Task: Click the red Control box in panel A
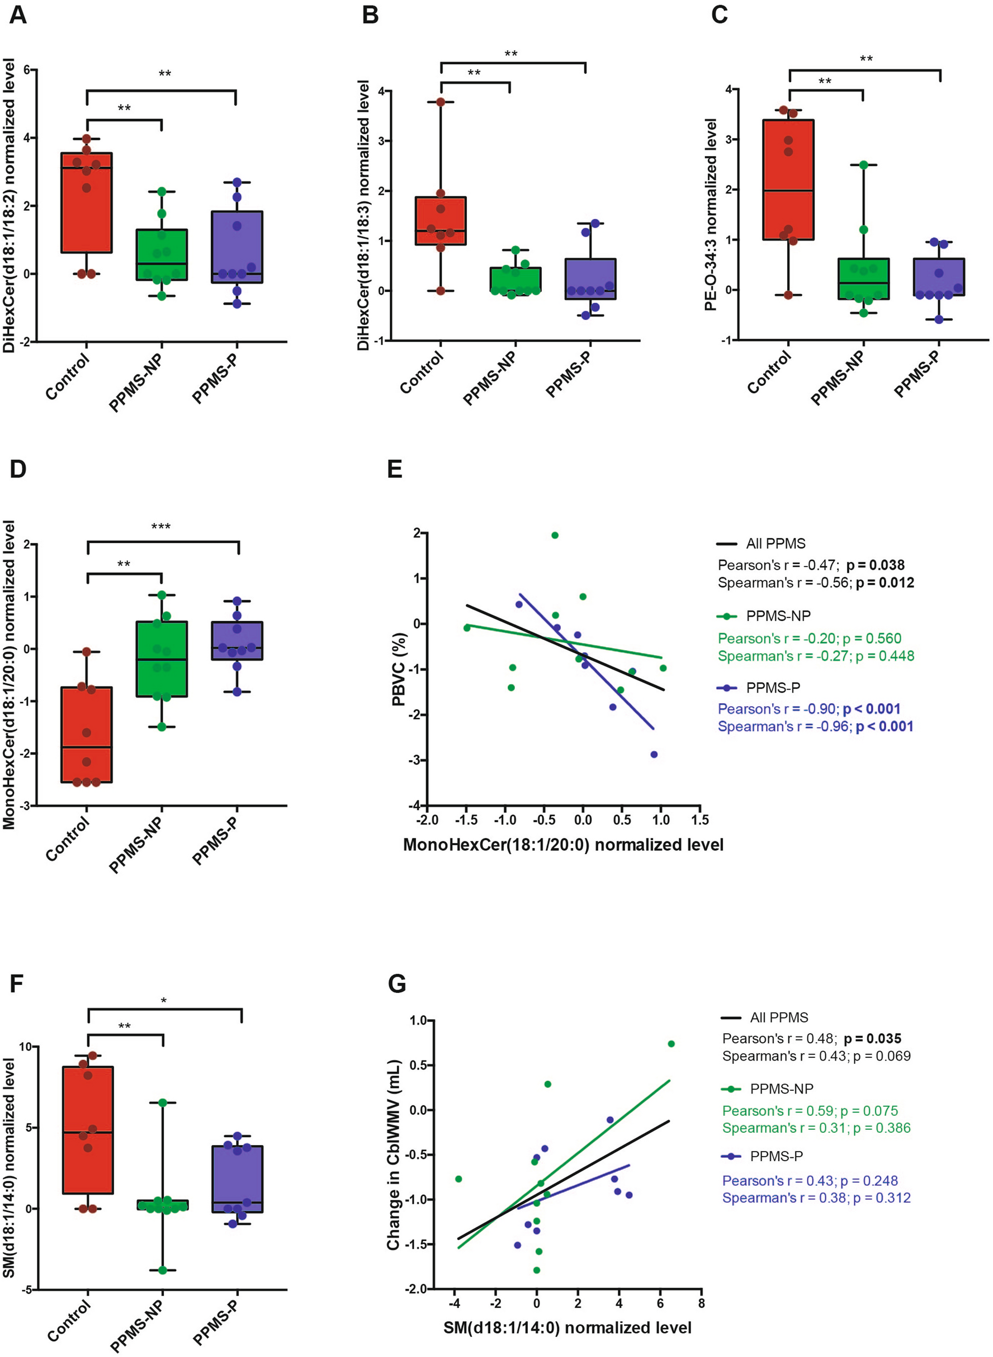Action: pyautogui.click(x=87, y=202)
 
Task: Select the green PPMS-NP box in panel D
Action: pyautogui.click(x=162, y=659)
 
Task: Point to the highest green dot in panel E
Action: pyautogui.click(x=555, y=535)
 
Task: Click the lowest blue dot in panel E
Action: pyautogui.click(x=654, y=755)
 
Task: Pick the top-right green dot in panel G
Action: pyautogui.click(x=672, y=1044)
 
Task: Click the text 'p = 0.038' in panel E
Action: pyautogui.click(x=875, y=565)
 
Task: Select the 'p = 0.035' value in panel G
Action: pyautogui.click(x=872, y=1038)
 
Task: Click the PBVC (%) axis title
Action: pyautogui.click(x=399, y=670)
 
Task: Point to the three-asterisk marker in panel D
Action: pyautogui.click(x=160, y=527)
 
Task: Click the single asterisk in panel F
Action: pyautogui.click(x=163, y=1001)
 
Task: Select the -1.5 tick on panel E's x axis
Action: pyautogui.click(x=466, y=820)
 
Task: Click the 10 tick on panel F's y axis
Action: pyautogui.click(x=26, y=1047)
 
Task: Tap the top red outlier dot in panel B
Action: pyautogui.click(x=441, y=102)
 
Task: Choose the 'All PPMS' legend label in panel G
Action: pyautogui.click(x=779, y=1017)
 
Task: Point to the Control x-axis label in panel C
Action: pyautogui.click(x=769, y=373)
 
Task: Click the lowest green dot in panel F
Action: pyautogui.click(x=162, y=1270)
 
